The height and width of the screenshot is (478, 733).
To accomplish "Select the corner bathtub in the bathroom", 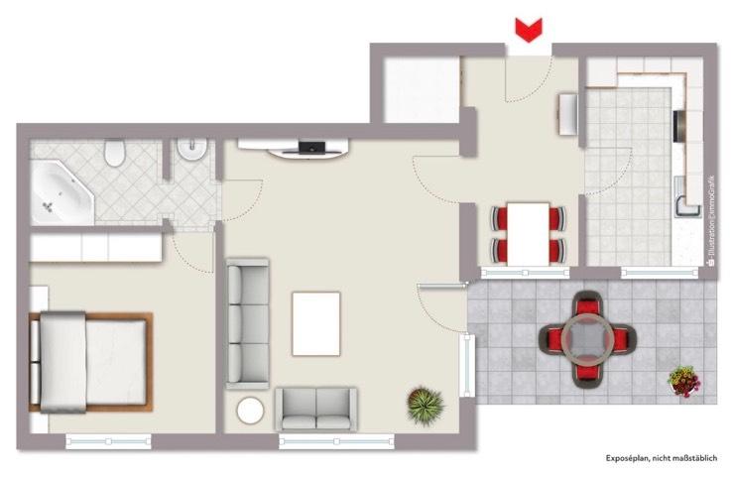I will pos(61,194).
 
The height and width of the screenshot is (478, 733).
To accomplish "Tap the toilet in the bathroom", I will pos(116,153).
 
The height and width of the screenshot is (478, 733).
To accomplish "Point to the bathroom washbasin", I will pos(188,153).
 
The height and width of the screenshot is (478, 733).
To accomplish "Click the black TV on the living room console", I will pos(312,148).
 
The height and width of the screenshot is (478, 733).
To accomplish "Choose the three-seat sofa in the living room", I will pos(247,322).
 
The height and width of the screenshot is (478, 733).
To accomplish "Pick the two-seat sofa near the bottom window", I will pos(315,408).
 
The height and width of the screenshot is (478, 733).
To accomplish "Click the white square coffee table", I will pos(315,323).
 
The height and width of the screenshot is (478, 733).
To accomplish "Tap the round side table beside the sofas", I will pos(250,411).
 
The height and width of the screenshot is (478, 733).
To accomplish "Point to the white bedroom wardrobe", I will pos(96,247).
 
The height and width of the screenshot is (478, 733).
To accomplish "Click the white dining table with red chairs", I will pos(528,233).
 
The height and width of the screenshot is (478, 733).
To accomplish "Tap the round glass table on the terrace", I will pos(587,340).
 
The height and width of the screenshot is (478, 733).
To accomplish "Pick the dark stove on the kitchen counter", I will pos(677,125).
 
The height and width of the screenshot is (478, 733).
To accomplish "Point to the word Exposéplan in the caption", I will pos(628,459).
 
